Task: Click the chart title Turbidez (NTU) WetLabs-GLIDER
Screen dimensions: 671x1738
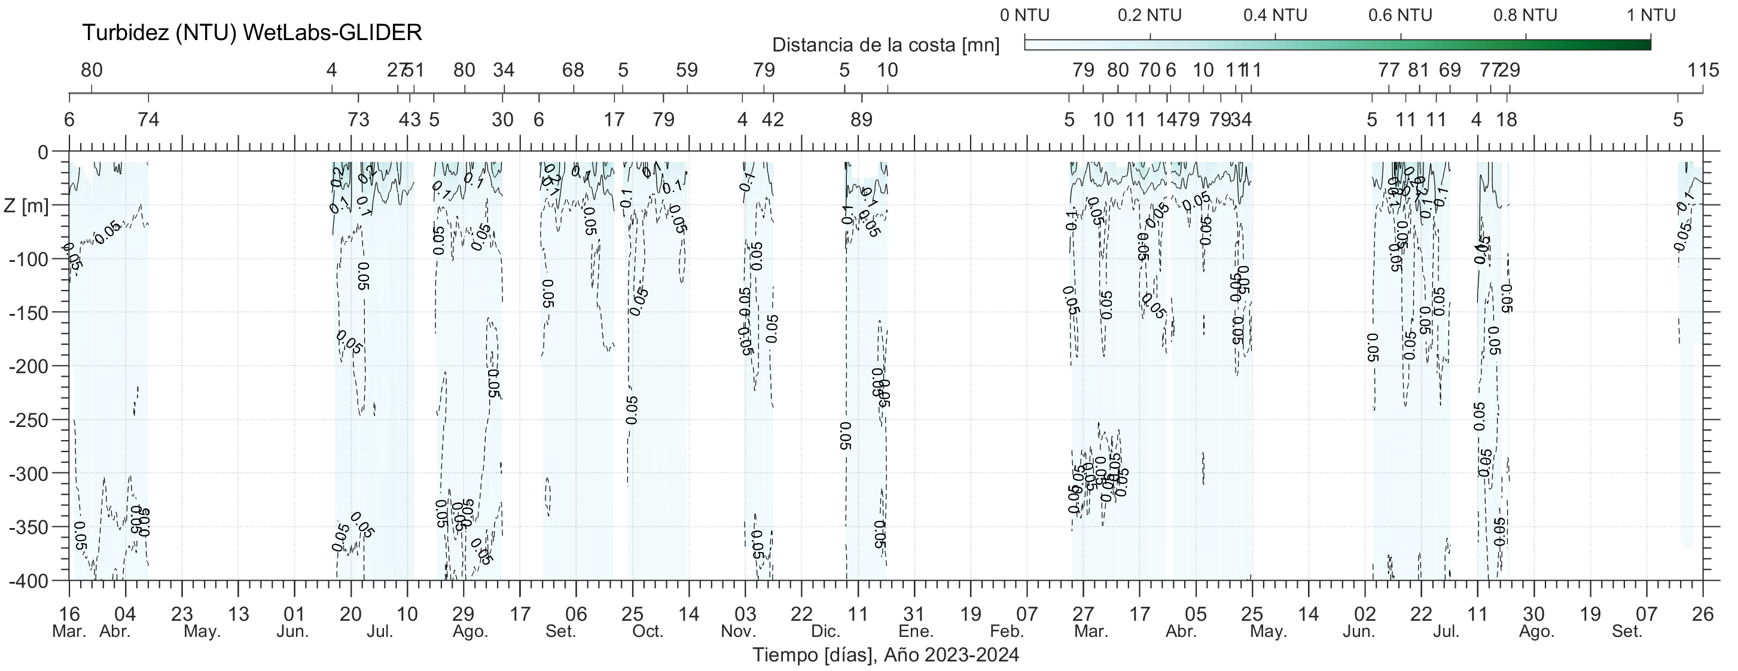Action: (x=252, y=32)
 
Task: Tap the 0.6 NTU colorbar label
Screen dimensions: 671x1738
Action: (x=1400, y=16)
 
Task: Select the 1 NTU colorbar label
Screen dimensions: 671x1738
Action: (x=1650, y=16)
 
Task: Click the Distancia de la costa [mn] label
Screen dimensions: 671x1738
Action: (x=885, y=45)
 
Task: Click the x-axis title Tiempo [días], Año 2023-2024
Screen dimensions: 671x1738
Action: (x=885, y=655)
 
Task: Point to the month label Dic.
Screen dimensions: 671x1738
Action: (x=826, y=632)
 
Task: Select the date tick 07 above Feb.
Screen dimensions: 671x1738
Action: (x=1027, y=614)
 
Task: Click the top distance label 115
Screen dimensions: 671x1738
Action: (x=1703, y=70)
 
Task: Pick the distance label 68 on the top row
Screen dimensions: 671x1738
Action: (x=573, y=70)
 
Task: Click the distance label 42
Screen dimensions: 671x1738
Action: (x=773, y=120)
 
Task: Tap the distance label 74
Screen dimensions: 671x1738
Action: (x=148, y=120)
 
